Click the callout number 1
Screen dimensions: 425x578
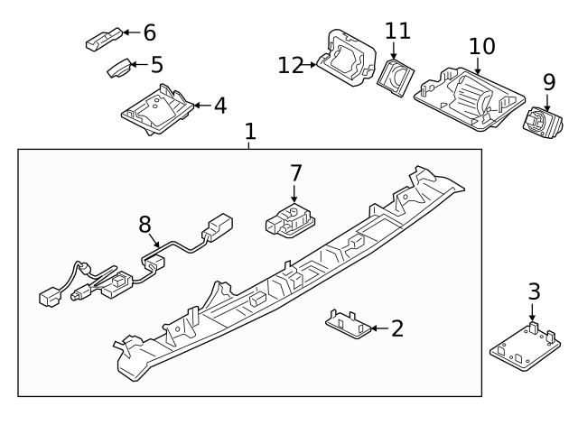[x=250, y=132]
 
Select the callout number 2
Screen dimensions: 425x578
[x=396, y=328]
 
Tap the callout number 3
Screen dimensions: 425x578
[x=534, y=291]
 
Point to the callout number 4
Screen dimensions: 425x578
[x=219, y=106]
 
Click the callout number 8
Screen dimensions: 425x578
[x=144, y=224]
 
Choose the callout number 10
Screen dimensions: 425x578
[x=482, y=45]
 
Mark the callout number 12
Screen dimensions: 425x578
[x=291, y=65]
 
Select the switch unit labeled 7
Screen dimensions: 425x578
[x=289, y=219]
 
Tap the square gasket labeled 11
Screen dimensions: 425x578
[x=395, y=76]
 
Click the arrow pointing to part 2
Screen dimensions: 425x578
[x=378, y=328]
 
